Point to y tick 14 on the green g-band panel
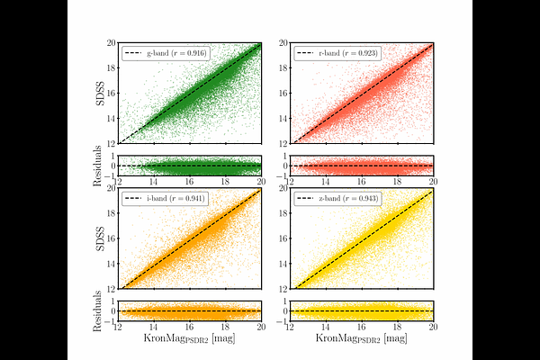tap(112, 118)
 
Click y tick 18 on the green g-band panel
tap(112, 67)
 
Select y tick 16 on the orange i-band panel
tap(112, 238)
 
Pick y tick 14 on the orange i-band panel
tap(112, 263)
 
